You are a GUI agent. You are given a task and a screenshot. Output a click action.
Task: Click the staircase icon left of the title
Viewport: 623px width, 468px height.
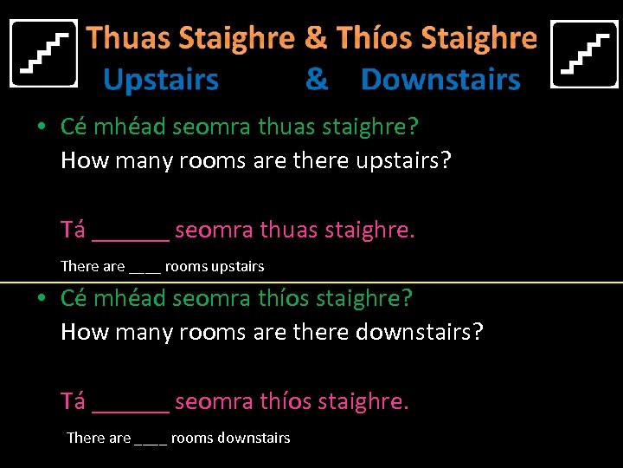tap(43, 54)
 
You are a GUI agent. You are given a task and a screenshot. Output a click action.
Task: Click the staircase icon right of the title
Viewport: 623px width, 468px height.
tap(584, 54)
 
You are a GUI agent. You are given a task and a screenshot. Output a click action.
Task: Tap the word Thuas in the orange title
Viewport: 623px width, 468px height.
tap(129, 38)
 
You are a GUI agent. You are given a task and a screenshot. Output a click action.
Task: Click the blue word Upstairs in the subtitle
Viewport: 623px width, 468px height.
tap(161, 80)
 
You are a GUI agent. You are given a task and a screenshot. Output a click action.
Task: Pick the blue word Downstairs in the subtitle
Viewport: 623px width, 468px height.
tap(440, 80)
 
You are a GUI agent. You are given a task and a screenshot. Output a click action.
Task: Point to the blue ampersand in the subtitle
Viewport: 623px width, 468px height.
tap(317, 80)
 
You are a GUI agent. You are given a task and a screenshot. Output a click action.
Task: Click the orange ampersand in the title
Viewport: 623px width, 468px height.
tap(316, 38)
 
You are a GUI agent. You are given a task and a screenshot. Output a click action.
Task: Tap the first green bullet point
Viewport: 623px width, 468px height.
tap(42, 127)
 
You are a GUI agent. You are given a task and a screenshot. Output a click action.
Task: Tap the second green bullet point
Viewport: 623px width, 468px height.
tap(42, 299)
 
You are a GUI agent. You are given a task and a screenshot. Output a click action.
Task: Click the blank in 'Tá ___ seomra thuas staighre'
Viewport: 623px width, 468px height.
tap(130, 234)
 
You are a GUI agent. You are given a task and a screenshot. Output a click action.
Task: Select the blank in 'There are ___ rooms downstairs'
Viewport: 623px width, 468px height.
tap(151, 440)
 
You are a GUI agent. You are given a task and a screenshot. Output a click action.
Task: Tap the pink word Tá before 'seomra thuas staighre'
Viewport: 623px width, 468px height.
tap(73, 230)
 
